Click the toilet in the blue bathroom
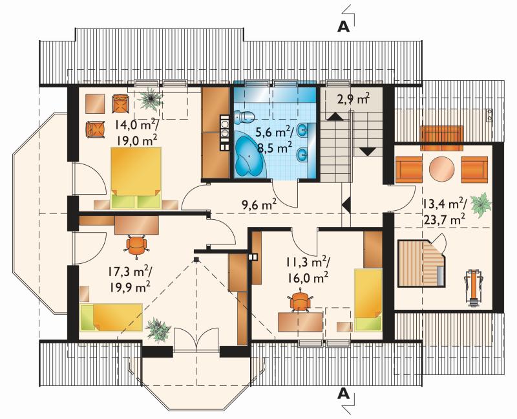pos(244,116)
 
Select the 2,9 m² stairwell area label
pos(353,98)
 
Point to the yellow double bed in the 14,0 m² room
pos(136,178)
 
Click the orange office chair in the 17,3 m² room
pos(136,245)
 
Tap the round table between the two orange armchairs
pos(442,168)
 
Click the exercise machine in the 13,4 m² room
pos(474,288)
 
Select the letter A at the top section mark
pos(343,27)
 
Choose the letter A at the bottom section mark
pos(343,393)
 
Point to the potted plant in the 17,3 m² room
pos(158,328)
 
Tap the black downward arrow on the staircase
pos(368,151)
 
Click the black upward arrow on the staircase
pos(335,116)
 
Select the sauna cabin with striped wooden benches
pos(421,263)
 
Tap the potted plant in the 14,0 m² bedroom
pos(151,98)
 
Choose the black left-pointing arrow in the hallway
pos(346,205)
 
